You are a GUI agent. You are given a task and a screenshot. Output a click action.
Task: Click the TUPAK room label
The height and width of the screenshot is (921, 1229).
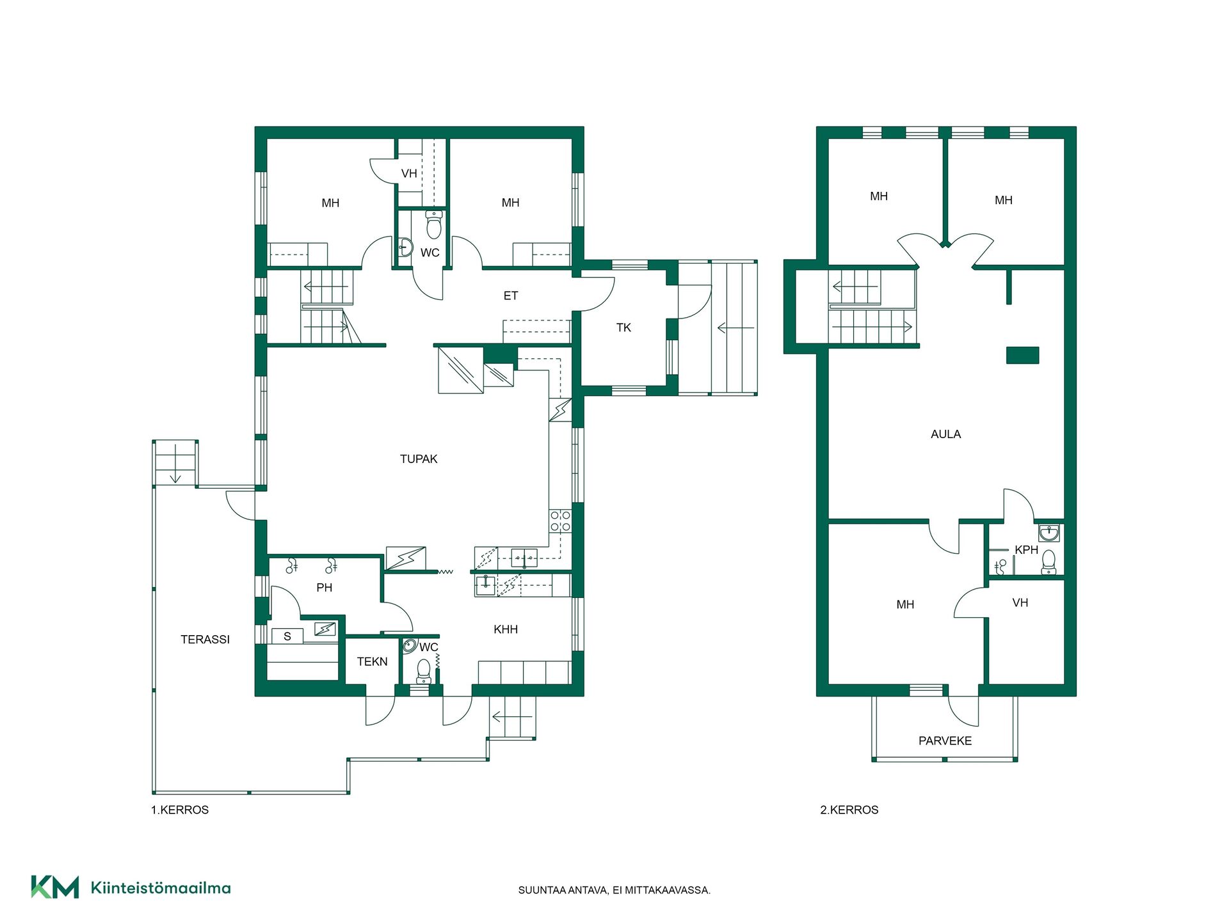pos(419,459)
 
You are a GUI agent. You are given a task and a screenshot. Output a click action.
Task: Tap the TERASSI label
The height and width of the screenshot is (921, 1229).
pos(205,639)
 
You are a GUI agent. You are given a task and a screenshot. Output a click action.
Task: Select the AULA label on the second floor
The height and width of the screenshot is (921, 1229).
pos(945,434)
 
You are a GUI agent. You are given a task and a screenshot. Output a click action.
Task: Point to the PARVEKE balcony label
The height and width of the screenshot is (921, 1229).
pos(945,741)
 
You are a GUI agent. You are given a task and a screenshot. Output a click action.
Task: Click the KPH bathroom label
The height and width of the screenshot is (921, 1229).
pos(1026,550)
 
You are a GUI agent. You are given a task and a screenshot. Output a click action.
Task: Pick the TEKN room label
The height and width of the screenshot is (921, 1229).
pos(372,661)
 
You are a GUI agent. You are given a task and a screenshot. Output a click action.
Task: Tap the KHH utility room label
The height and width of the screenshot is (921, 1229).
pos(506,629)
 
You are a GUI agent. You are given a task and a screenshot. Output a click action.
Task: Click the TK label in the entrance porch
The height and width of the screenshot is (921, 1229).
pos(623,327)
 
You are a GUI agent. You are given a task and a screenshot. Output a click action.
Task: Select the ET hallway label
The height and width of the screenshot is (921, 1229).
pos(510,295)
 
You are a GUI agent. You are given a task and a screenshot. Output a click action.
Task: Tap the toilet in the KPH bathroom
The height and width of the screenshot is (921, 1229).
pos(1048,562)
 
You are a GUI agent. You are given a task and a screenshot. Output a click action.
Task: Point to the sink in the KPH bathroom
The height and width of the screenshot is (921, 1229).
pos(1048,532)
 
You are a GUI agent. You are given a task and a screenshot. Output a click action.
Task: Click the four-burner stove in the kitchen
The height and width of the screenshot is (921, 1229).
pos(560,521)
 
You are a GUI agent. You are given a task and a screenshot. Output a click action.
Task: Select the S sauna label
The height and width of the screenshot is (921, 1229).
pos(287,636)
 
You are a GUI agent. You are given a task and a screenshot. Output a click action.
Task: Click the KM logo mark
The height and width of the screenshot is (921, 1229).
pos(55,887)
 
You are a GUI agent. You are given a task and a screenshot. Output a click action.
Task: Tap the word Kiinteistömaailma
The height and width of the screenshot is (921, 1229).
pos(161,888)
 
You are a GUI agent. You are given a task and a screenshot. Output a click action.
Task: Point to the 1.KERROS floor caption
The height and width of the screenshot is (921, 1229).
pos(180,810)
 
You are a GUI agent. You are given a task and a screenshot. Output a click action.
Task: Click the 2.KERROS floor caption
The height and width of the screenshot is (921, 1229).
pos(849,810)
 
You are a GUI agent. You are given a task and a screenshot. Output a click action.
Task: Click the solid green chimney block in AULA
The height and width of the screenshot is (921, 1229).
pos(1022,355)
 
